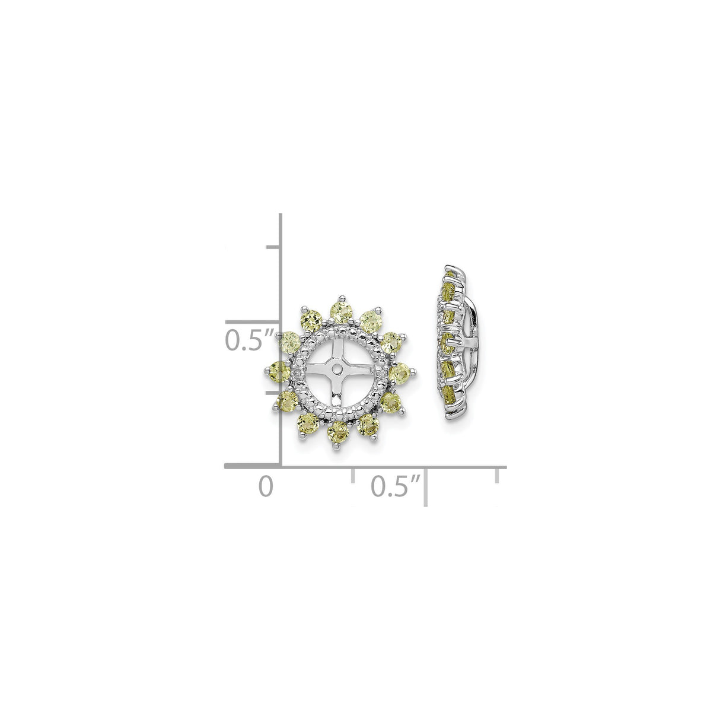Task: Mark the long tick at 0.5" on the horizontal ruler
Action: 425,486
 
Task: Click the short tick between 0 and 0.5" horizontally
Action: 353,474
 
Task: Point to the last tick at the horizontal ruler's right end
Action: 497,474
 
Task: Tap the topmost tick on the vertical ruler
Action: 273,246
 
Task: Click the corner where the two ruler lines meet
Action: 280,467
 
